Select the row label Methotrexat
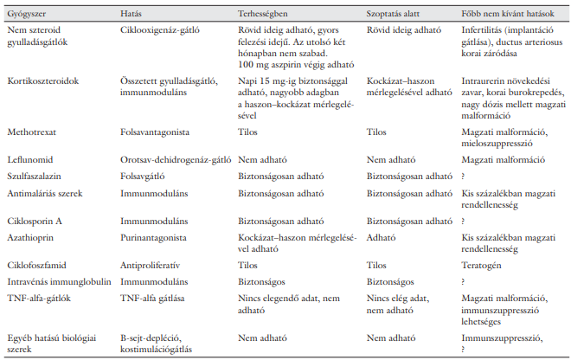pyautogui.click(x=32, y=134)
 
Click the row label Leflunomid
pyautogui.click(x=30, y=159)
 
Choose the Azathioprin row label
pyautogui.click(x=32, y=235)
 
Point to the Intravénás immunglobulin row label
pyautogui.click(x=57, y=280)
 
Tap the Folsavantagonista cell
pyautogui.click(x=153, y=134)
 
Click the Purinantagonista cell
pyautogui.click(x=151, y=235)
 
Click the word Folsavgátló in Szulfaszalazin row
pyautogui.click(x=143, y=176)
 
